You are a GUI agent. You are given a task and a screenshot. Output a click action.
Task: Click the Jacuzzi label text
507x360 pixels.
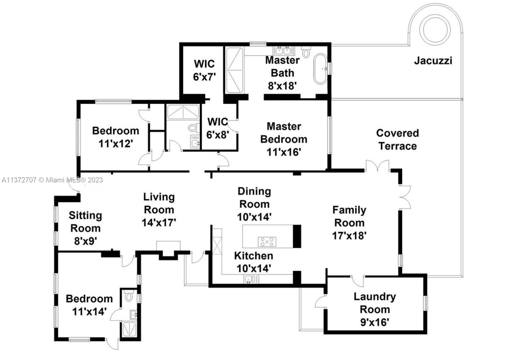pyautogui.click(x=433, y=61)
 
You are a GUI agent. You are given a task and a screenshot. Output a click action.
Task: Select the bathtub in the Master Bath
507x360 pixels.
pyautogui.click(x=320, y=69)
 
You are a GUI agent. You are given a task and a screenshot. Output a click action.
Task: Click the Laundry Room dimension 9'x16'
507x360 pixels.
pyautogui.click(x=374, y=322)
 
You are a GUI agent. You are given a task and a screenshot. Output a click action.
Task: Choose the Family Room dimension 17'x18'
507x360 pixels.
pyautogui.click(x=349, y=236)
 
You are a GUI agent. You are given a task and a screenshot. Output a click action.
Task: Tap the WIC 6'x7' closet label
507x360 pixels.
pyautogui.click(x=204, y=76)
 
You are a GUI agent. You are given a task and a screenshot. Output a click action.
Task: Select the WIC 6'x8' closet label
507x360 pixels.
pyautogui.click(x=218, y=135)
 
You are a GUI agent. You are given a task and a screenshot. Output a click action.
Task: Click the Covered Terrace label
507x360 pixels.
pyautogui.click(x=397, y=140)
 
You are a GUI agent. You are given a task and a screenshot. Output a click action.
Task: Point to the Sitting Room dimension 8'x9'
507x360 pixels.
pyautogui.click(x=85, y=241)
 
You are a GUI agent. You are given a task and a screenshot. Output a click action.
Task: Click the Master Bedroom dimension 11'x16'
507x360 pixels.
pyautogui.click(x=284, y=152)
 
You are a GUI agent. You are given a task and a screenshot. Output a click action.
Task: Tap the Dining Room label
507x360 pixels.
pyautogui.click(x=254, y=197)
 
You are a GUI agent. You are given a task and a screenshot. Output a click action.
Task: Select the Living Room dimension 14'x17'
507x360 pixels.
pyautogui.click(x=159, y=222)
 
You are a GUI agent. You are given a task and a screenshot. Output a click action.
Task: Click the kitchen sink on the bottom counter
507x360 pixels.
pyautogui.click(x=251, y=279)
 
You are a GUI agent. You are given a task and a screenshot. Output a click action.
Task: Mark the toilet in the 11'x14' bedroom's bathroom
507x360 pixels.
pyautogui.click(x=129, y=296)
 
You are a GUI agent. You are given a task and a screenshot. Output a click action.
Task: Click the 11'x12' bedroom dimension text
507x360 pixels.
pyautogui.click(x=116, y=143)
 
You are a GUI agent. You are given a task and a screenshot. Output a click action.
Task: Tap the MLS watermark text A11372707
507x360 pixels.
pyautogui.click(x=19, y=180)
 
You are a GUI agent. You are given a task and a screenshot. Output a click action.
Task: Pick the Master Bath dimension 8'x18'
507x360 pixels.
pyautogui.click(x=283, y=86)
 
